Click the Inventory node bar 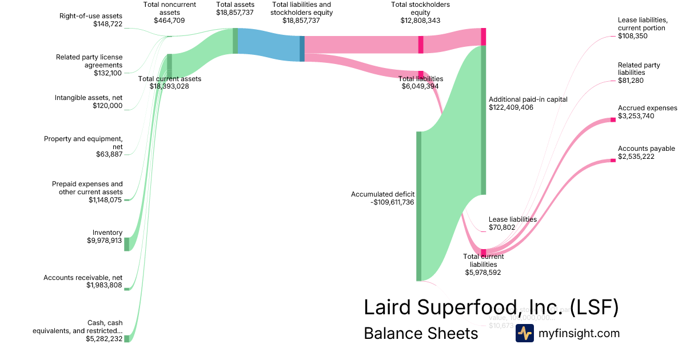pyautogui.click(x=127, y=244)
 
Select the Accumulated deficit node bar pyautogui.click(x=418, y=206)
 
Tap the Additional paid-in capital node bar pyautogui.click(x=483, y=120)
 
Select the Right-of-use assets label pyautogui.click(x=91, y=16)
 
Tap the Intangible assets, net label pyautogui.click(x=89, y=98)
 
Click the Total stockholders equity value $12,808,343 pyautogui.click(x=420, y=21)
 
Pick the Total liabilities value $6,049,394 pyautogui.click(x=420, y=86)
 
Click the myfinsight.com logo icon pyautogui.click(x=524, y=333)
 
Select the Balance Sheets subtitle pyautogui.click(x=421, y=333)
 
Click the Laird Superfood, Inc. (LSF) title pyautogui.click(x=491, y=307)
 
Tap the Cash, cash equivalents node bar pyautogui.click(x=127, y=338)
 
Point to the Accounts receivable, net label pyautogui.click(x=83, y=278)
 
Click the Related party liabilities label pyautogui.click(x=639, y=69)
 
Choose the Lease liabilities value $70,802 pyautogui.click(x=502, y=227)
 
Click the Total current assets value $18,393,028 pyautogui.click(x=169, y=86)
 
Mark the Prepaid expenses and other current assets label pyautogui.click(x=87, y=188)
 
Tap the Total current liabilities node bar pyautogui.click(x=483, y=253)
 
